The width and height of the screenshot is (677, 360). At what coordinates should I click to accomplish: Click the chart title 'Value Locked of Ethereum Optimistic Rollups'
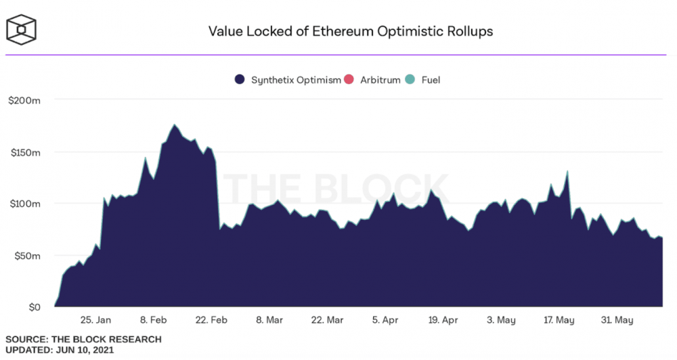coord(350,31)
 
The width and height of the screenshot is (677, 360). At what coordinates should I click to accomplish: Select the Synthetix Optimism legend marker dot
coord(239,80)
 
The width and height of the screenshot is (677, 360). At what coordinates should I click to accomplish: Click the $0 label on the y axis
coord(33,307)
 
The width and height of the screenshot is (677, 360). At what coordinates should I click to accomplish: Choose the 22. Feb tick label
coord(211,320)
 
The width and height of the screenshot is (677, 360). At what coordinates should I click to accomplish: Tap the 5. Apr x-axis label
coord(385,320)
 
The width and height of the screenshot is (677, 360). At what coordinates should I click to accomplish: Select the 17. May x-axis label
coord(559,320)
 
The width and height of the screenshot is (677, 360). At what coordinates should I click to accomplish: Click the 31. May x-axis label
coord(616,320)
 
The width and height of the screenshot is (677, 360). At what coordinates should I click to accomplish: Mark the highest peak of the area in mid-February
coord(174,125)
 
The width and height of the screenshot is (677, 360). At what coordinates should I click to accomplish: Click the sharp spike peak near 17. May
coord(567,171)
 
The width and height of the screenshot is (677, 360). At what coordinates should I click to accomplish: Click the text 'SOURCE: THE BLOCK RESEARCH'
coord(83,339)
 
